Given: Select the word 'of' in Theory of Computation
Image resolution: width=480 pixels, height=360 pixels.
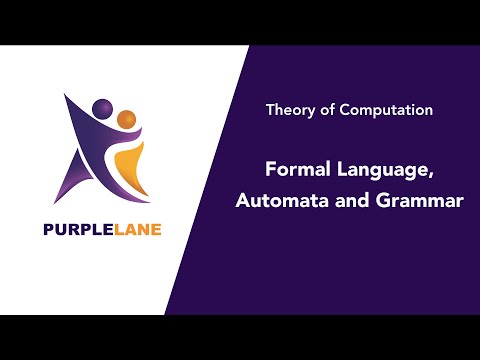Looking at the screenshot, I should pos(326,111).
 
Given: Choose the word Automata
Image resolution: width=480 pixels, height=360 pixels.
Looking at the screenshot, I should pos(277,199).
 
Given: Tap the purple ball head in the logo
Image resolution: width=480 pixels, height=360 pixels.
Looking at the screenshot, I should pos(102,107).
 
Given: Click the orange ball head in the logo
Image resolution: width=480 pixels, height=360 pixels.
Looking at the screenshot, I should pos(126,120).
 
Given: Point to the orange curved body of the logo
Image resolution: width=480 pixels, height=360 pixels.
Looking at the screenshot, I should pos(130,165).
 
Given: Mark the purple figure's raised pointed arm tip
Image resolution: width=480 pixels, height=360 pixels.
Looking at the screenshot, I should pos(66,95).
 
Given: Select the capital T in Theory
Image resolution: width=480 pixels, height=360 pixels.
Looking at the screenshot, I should pos(270,111).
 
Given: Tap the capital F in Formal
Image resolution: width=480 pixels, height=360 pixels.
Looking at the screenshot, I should pos(270,169).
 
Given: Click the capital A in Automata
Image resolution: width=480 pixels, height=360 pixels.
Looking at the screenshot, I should pos(243,199).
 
